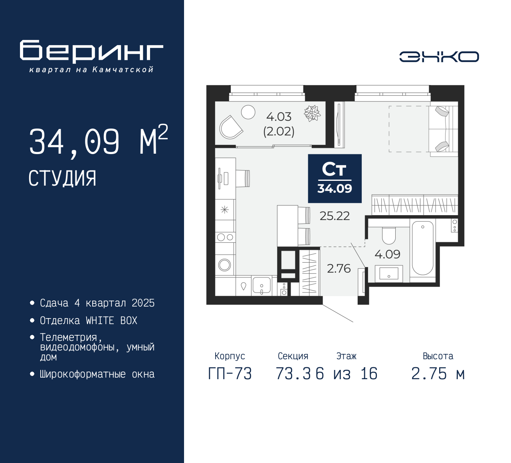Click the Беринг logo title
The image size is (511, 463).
pyautogui.click(x=91, y=51)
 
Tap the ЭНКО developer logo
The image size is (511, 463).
pyautogui.click(x=439, y=57)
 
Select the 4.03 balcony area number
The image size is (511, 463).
pyautogui.click(x=279, y=117)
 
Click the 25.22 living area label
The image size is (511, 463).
pyautogui.click(x=335, y=216)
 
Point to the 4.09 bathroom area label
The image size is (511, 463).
pyautogui.click(x=387, y=254)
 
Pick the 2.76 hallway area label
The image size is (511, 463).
pyautogui.click(x=339, y=269)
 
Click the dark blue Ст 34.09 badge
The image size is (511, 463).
pyautogui.click(x=335, y=178)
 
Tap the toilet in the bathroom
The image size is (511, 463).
pyautogui.click(x=389, y=235)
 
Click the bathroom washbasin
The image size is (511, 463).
pyautogui.click(x=389, y=273)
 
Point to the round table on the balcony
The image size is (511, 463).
pyautogui.click(x=248, y=112)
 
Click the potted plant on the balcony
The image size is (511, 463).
pyautogui.click(x=312, y=113)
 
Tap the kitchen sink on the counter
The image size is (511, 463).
pyautogui.click(x=261, y=286)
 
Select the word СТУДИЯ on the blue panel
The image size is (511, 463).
pyautogui.click(x=62, y=178)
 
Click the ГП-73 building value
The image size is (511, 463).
pyautogui.click(x=230, y=374)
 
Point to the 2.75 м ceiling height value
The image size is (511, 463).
pyautogui.click(x=438, y=374)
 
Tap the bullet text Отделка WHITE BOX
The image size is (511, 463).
pyautogui.click(x=88, y=321)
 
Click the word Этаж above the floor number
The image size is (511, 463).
pyautogui.click(x=346, y=356)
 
